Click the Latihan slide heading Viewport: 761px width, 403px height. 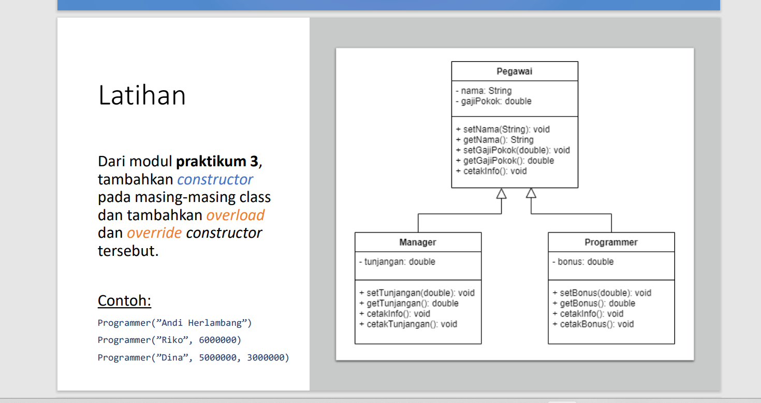142,96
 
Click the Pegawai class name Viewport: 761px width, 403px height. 514,71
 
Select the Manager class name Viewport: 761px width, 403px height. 417,242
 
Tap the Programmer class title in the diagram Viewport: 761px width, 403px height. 611,242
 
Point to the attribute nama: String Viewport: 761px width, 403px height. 483,91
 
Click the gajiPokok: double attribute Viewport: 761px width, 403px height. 493,101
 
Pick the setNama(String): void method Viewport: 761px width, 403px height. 503,129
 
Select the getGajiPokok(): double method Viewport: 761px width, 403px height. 505,161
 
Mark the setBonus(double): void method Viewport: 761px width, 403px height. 602,293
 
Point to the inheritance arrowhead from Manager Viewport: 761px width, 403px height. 501,193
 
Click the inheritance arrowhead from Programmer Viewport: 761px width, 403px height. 531,193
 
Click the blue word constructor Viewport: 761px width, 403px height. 215,180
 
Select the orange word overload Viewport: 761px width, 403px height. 236,215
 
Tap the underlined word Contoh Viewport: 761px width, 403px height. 124,301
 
